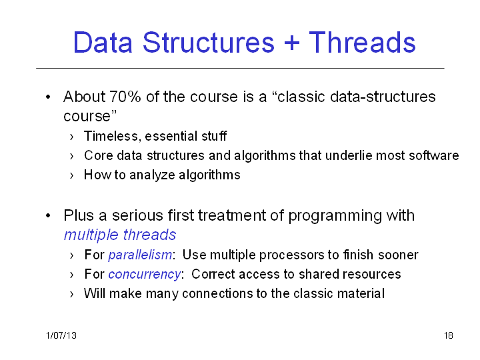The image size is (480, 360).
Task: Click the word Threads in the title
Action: [362, 42]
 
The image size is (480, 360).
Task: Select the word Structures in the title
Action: [208, 42]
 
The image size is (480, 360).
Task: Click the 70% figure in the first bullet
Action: [125, 97]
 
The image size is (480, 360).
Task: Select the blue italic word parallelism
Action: [140, 255]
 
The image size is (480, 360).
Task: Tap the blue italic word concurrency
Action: [145, 274]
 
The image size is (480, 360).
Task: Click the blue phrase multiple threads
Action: [120, 235]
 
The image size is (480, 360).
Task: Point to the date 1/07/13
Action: [61, 335]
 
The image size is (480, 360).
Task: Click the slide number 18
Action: [449, 335]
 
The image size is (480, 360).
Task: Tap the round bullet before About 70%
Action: [48, 97]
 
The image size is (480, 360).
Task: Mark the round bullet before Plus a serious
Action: [48, 216]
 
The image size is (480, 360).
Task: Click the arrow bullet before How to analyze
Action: [71, 176]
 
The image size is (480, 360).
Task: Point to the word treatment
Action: [232, 215]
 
